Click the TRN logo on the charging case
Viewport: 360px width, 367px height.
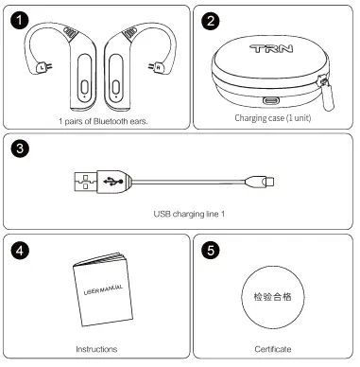270,45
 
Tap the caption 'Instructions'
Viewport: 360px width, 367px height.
96,349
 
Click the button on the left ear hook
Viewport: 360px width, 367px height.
83,88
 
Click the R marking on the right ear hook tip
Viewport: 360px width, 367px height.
158,67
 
